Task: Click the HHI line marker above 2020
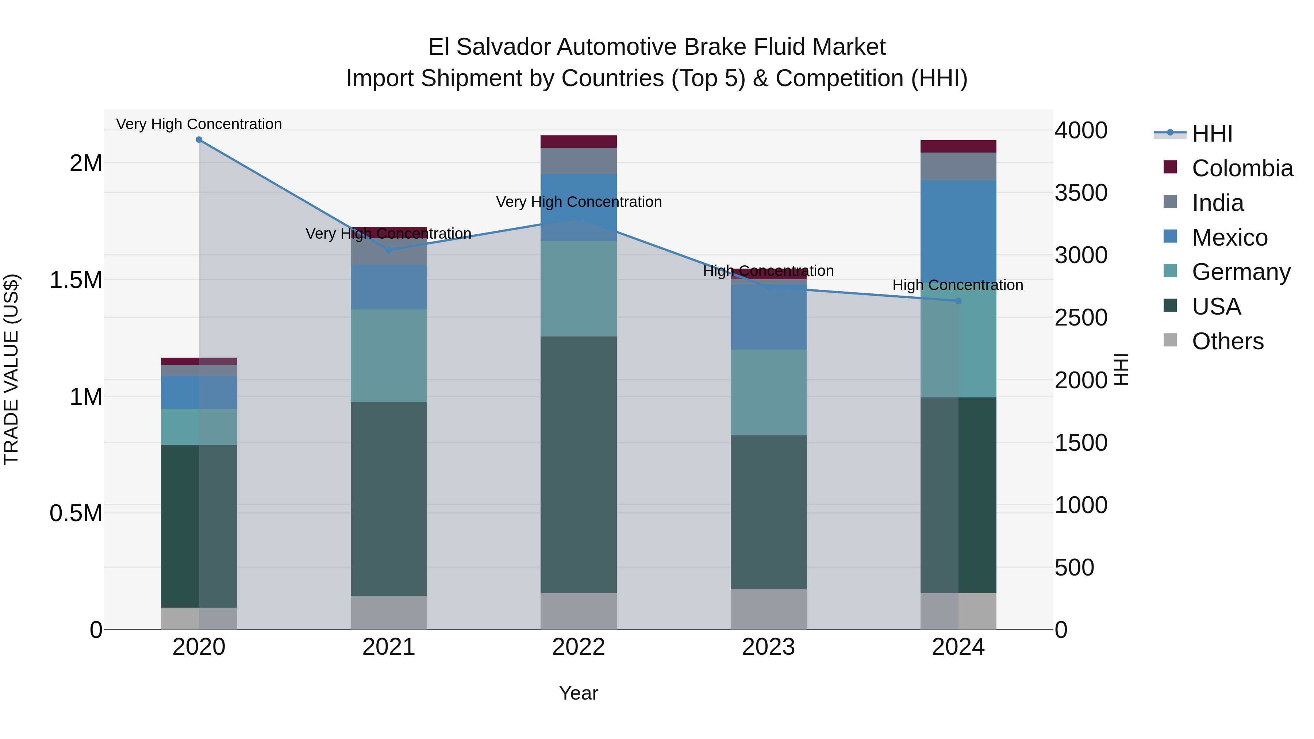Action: (199, 140)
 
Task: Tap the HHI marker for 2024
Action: (958, 301)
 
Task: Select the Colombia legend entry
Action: (1242, 168)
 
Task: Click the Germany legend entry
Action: (1241, 272)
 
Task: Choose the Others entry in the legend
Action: (1227, 341)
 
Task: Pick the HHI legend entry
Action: (1212, 134)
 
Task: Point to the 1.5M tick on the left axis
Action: (76, 280)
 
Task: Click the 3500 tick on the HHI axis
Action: (1081, 193)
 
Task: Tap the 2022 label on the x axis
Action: (579, 647)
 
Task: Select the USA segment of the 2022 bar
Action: (579, 464)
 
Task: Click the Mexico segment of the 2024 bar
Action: (958, 230)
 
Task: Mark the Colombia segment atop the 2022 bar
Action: (579, 141)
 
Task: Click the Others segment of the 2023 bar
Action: (768, 609)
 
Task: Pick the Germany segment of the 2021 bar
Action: (389, 355)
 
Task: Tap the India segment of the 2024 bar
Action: (958, 166)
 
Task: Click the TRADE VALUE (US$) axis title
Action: (11, 369)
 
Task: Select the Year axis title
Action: (579, 693)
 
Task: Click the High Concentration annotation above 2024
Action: (957, 285)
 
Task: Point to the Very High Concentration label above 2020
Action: (199, 124)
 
